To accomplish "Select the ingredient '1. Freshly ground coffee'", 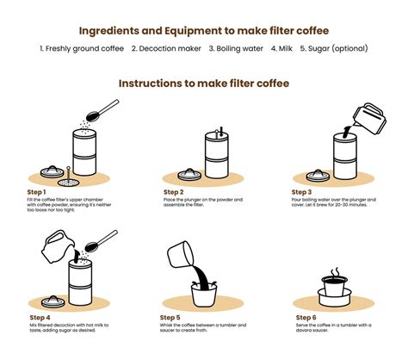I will point(82,50).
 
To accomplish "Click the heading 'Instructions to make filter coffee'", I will point(203,84).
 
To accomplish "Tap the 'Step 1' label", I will point(37,191).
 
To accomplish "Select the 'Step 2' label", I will point(173,191).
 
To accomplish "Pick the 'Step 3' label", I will point(303,191).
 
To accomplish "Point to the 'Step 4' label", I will point(37,317).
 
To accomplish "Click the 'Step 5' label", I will point(170,317).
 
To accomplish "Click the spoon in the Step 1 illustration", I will point(106,108).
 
